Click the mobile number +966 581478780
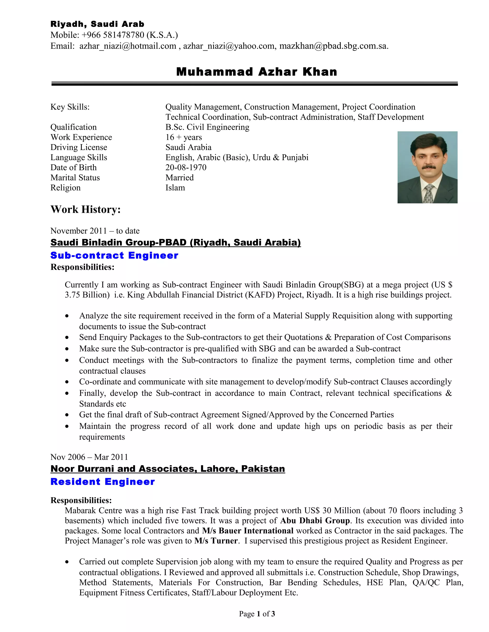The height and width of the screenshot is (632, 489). tap(113, 35)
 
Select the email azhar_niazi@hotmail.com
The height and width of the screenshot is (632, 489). tap(128, 46)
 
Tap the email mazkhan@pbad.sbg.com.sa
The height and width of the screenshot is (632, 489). tap(333, 46)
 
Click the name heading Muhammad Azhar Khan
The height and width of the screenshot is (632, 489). tap(257, 72)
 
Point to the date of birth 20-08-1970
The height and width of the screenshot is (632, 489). tap(186, 168)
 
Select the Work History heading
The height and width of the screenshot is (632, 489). tap(85, 209)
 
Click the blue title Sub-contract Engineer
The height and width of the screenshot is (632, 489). tap(114, 255)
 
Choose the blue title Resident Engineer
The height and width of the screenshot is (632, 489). tap(102, 482)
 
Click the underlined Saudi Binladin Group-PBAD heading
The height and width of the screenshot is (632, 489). tap(175, 242)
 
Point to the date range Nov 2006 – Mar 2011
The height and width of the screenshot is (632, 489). tap(89, 457)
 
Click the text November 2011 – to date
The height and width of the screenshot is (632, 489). tap(95, 231)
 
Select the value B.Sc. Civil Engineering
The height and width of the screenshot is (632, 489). tap(207, 127)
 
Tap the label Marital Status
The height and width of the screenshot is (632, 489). tap(75, 178)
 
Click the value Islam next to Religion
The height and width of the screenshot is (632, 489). tap(175, 188)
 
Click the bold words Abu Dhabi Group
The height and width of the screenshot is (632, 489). tap(315, 521)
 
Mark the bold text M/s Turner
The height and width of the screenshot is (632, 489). tap(216, 541)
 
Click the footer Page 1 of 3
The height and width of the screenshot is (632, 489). tap(257, 614)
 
